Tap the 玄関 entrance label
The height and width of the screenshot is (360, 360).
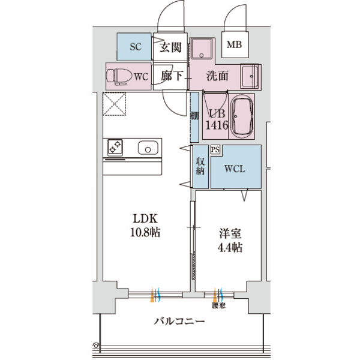(x=170, y=48)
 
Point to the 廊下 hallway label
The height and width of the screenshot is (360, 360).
(x=170, y=76)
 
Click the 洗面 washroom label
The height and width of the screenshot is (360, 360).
(x=217, y=76)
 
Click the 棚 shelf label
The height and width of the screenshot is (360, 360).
(x=194, y=116)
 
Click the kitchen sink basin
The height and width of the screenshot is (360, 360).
(x=148, y=147)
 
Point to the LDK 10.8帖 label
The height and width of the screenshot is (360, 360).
(x=146, y=224)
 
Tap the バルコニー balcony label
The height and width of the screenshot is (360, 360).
(x=179, y=321)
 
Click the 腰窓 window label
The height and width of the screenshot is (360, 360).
(x=219, y=305)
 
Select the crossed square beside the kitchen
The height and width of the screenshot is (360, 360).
(x=115, y=105)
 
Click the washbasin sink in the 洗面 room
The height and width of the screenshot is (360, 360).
(x=248, y=76)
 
